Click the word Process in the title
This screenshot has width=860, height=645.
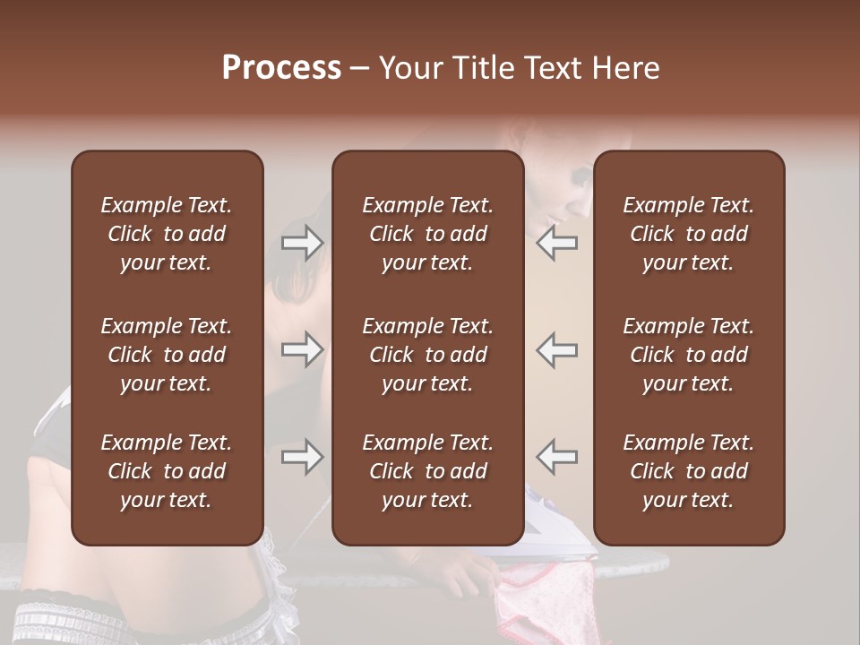[281, 68]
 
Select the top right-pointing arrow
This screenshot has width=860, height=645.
[303, 243]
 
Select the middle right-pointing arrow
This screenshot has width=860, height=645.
[303, 349]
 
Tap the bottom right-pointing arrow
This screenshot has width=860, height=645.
[303, 457]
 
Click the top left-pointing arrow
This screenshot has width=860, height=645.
[556, 243]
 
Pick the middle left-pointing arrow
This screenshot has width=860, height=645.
[556, 349]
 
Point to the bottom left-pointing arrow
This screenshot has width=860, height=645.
[556, 457]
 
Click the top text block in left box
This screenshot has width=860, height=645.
[167, 234]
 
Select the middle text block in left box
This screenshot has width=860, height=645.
[167, 355]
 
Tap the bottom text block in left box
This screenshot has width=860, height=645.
[167, 471]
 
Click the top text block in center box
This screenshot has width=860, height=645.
[427, 234]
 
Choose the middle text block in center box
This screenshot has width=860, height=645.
[427, 355]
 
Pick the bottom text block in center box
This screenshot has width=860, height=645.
[427, 471]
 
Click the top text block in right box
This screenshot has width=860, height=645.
[688, 234]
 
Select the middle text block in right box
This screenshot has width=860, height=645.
[688, 355]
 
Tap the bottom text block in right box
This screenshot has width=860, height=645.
[688, 471]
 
